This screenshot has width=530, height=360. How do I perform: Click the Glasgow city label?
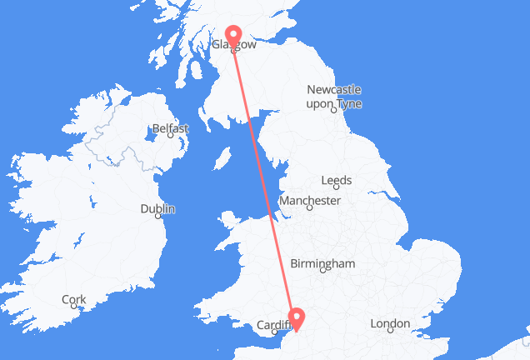coord(234,45)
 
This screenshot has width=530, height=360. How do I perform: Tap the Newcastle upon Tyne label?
coord(333,95)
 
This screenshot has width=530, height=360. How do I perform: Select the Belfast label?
coord(170,129)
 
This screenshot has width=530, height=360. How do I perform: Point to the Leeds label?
coord(337,180)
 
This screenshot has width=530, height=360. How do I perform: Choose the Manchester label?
coord(309,201)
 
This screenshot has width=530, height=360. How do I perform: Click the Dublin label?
coord(157,208)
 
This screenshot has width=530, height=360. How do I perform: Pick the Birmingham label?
coord(322,263)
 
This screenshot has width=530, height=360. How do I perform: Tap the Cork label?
coord(73,299)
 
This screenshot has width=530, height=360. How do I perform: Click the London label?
coord(389,323)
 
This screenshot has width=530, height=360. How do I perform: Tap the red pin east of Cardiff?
coord(296,317)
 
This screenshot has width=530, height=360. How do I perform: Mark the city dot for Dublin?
coord(160,215)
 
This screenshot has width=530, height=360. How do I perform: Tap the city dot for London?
coord(390,331)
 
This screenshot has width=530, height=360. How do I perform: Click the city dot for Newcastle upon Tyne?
coord(333,107)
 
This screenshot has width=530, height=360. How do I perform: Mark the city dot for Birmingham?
coord(322,270)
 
